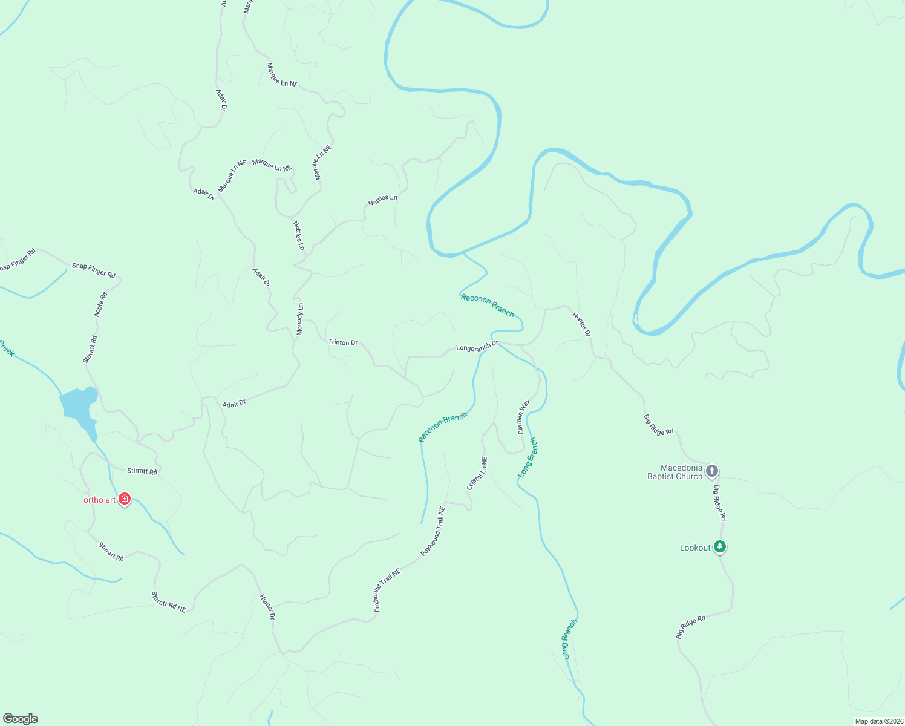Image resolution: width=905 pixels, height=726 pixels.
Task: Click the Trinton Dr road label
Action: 342,342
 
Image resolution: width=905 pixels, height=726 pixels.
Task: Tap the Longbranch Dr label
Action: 477,347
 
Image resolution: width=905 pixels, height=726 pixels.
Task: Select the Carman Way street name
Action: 523,417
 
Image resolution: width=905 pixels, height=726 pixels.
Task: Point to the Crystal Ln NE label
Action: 477,474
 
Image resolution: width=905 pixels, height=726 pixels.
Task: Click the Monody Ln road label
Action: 300,319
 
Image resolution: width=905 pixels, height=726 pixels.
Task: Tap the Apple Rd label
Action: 100,304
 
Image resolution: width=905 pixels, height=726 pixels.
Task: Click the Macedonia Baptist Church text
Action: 675,472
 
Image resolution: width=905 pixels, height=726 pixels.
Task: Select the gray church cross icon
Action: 712,471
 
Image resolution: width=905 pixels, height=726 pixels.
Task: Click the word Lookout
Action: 695,548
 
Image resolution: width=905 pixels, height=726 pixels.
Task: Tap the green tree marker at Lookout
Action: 719,547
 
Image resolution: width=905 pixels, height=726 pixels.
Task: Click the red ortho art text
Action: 99,500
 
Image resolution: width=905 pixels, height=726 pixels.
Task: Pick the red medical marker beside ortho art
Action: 125,499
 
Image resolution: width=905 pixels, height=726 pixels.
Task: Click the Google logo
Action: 21,719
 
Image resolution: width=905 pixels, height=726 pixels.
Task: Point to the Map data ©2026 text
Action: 878,721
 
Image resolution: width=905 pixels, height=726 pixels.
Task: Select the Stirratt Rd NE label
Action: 168,602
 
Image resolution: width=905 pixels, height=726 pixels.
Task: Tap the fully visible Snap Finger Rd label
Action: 93,270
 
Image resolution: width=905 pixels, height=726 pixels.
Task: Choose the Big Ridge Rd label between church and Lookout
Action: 719,503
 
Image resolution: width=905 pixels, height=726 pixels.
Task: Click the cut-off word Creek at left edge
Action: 6,348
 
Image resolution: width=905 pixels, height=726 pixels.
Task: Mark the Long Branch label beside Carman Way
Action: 527,457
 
